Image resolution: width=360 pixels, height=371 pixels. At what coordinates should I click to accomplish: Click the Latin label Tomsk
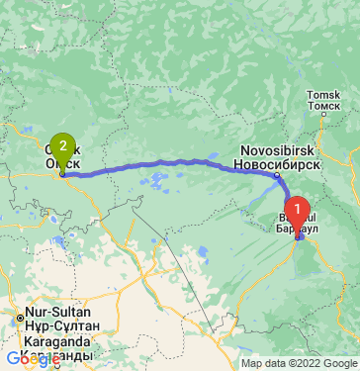coord(323,93)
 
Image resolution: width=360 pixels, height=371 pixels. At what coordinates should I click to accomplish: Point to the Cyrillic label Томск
coord(323,104)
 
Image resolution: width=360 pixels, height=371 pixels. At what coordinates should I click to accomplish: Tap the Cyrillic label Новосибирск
coord(276,163)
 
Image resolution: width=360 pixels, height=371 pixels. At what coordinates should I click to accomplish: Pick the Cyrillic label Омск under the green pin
coord(60,167)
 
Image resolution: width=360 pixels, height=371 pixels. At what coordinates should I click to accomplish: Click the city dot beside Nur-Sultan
coord(20,317)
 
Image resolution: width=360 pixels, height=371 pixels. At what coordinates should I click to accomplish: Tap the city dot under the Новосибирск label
coord(278,175)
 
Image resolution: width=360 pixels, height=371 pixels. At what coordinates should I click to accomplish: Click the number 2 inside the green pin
coord(63,144)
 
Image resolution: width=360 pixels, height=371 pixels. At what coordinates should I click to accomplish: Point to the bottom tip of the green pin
coord(62,175)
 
